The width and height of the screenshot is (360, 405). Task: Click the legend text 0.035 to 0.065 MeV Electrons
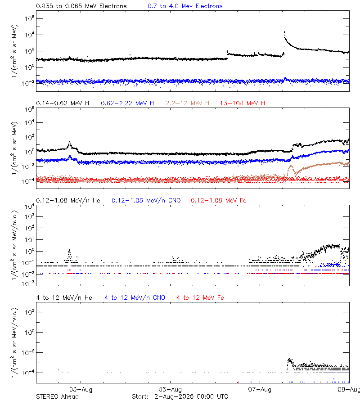pyautogui.click(x=81, y=6)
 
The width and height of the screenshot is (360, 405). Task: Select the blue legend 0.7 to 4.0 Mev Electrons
pyautogui.click(x=185, y=6)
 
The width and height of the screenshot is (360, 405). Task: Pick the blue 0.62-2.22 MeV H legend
pyautogui.click(x=127, y=103)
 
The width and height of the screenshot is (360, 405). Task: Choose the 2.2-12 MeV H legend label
pyautogui.click(x=188, y=103)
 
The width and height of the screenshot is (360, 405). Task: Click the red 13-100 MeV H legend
pyautogui.click(x=243, y=103)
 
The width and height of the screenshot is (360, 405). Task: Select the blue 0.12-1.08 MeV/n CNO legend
pyautogui.click(x=146, y=200)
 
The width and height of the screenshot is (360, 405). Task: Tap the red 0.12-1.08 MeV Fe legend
pyautogui.click(x=219, y=200)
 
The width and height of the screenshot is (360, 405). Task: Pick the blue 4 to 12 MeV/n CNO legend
pyautogui.click(x=135, y=297)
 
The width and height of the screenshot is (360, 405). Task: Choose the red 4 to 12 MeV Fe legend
pyautogui.click(x=200, y=297)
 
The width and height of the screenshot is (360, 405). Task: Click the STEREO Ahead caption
pyautogui.click(x=57, y=396)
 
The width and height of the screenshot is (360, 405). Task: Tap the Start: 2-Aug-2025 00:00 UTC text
pyautogui.click(x=180, y=396)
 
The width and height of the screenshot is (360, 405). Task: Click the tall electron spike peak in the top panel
pyautogui.click(x=284, y=32)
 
